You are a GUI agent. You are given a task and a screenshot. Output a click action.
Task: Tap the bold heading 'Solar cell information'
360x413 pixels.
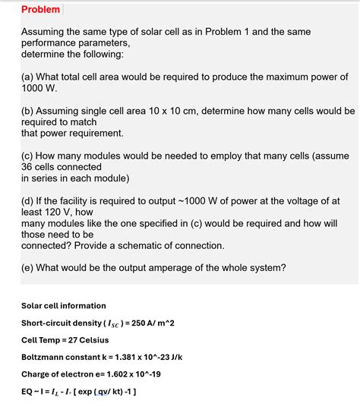64,305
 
